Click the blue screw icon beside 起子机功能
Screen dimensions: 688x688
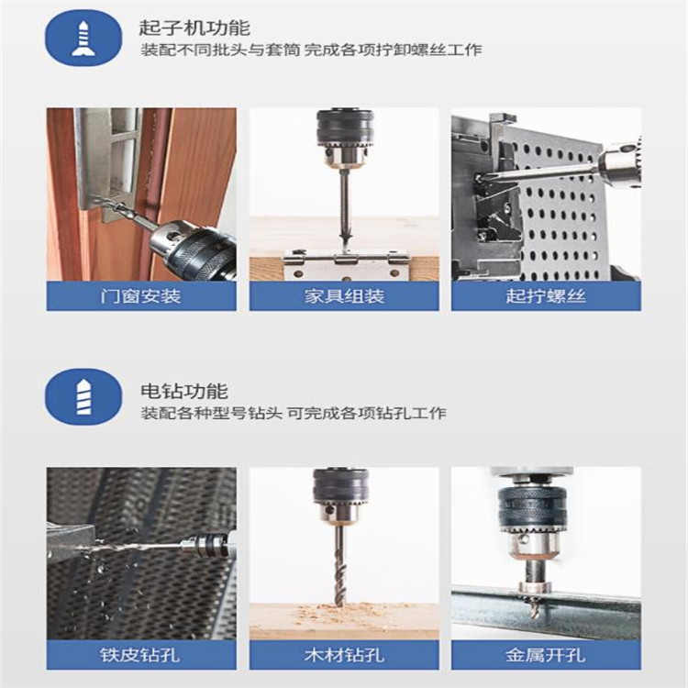(x=83, y=39)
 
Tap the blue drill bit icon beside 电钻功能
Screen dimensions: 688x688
(x=83, y=396)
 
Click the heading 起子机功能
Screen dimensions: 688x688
(x=194, y=28)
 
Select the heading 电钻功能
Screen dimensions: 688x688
(x=184, y=391)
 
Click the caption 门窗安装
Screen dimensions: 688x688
(x=141, y=296)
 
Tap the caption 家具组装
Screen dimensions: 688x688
(x=344, y=296)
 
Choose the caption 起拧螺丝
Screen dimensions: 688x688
(x=546, y=296)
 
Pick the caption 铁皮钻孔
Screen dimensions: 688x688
(x=140, y=655)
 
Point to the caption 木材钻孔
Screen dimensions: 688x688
(x=344, y=655)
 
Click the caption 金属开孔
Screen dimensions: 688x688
(x=546, y=655)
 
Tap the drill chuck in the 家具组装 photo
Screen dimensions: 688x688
(x=345, y=139)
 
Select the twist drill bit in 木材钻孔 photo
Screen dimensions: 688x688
(x=340, y=566)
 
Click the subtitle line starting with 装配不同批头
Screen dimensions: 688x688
(x=311, y=50)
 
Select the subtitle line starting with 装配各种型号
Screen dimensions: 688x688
(x=294, y=413)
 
